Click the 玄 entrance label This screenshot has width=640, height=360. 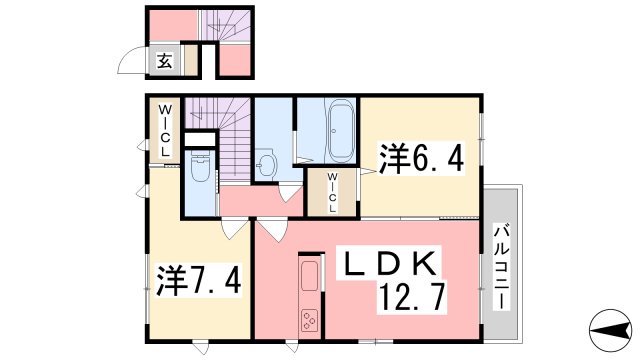163,60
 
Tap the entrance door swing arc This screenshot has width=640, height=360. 132,62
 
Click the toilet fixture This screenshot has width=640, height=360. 198,171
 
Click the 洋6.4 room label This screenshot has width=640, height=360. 420,158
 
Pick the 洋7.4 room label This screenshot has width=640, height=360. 197,277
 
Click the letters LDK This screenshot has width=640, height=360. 389,264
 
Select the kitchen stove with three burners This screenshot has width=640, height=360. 308,320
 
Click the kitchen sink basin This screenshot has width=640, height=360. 309,275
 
